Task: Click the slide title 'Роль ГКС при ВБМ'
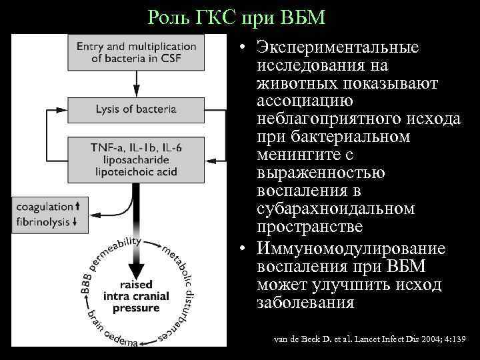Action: tap(237, 17)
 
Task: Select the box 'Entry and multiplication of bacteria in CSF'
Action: tap(137, 52)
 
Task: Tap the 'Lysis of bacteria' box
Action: tap(136, 108)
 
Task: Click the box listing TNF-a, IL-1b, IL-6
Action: tap(136, 159)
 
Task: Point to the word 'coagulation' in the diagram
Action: tap(45, 207)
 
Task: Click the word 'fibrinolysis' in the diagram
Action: tap(44, 222)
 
